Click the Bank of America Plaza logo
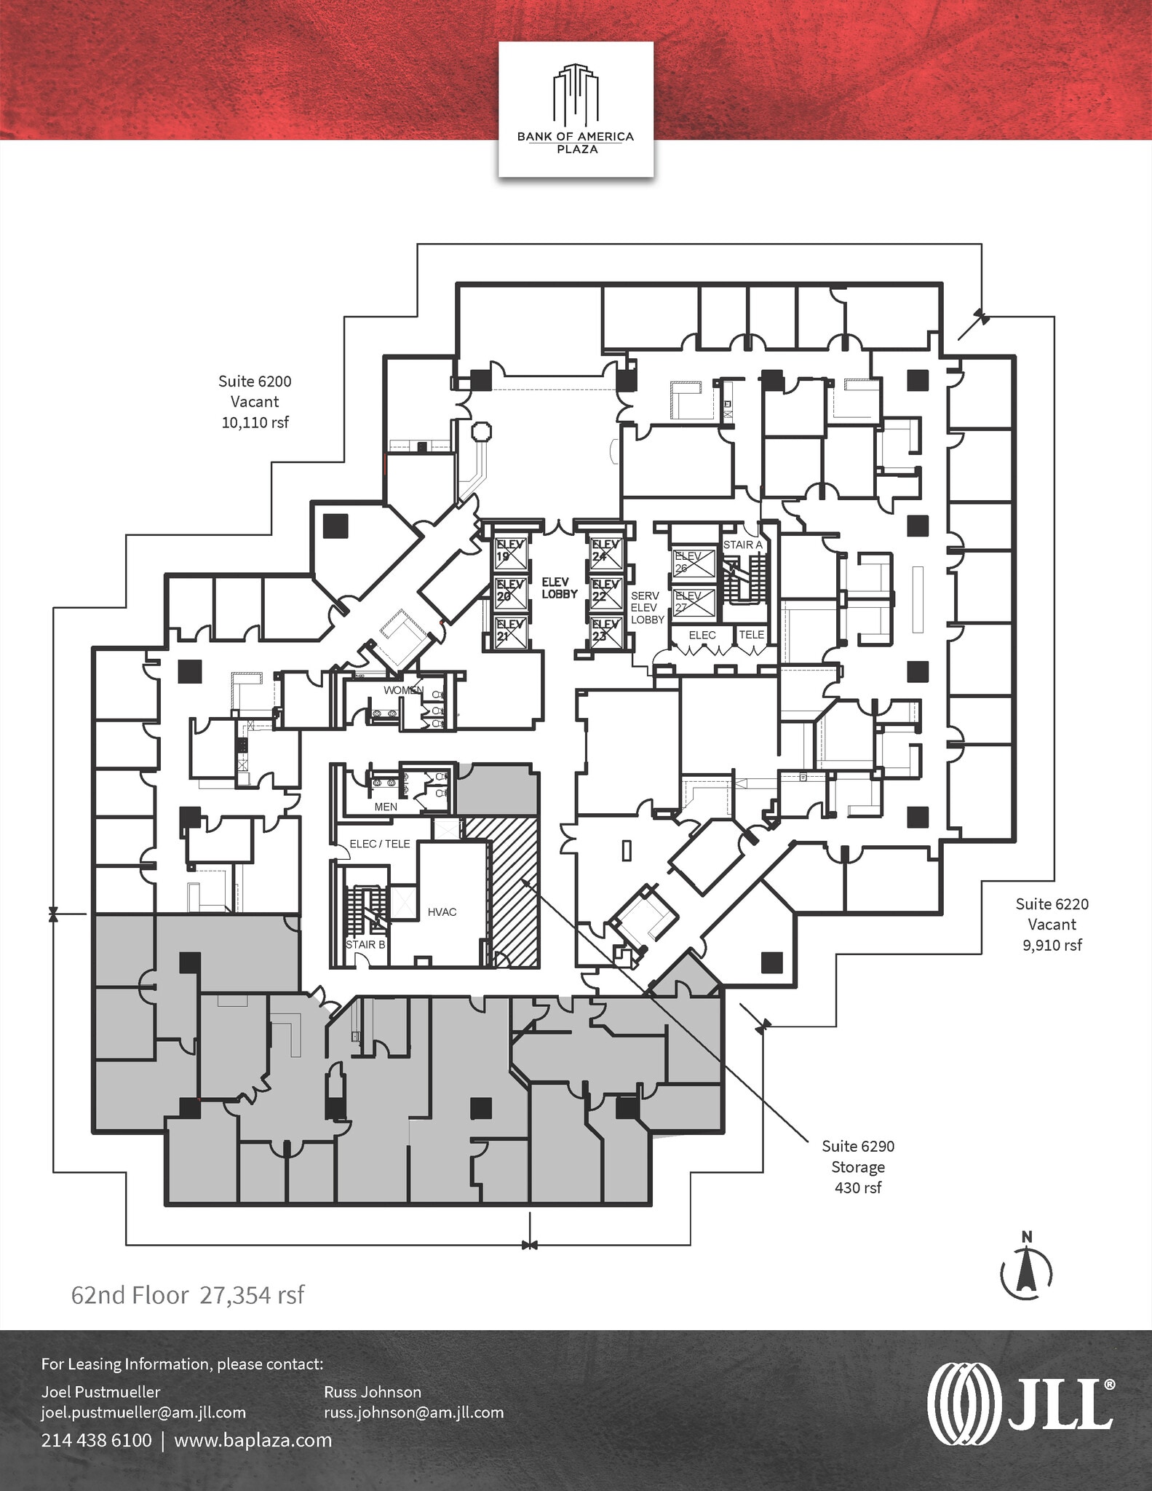click(x=576, y=109)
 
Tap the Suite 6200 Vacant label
click(x=255, y=401)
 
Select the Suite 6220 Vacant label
click(x=1052, y=925)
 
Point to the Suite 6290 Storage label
click(x=858, y=1166)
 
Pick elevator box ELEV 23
click(x=606, y=631)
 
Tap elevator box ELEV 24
click(x=606, y=551)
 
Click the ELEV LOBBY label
click(x=560, y=588)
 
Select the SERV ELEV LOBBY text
click(x=647, y=608)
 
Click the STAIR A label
click(x=742, y=545)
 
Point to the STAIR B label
click(x=365, y=944)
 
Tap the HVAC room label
click(x=442, y=911)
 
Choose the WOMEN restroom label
click(x=402, y=689)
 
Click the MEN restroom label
click(x=386, y=807)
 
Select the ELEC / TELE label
click(x=380, y=844)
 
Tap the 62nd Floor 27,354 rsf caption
click(x=188, y=1295)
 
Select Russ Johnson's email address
click(x=413, y=1412)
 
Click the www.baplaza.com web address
click(x=253, y=1440)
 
